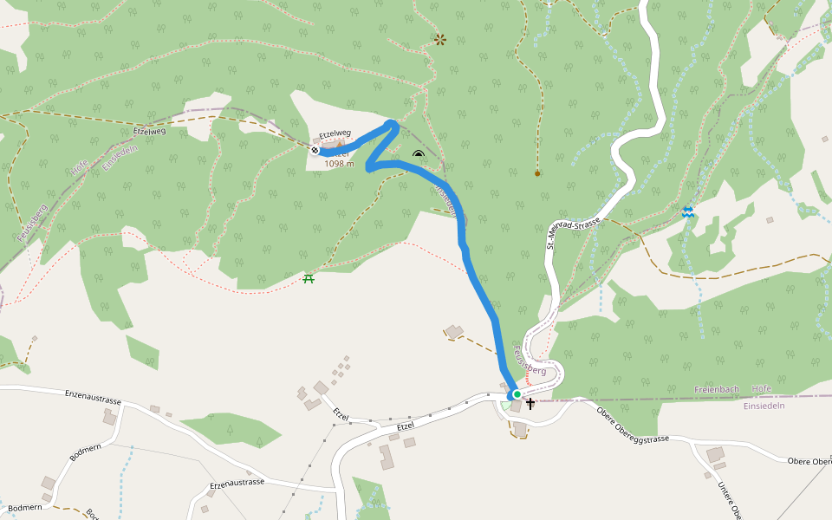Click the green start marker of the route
(517, 394)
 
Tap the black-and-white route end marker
(315, 149)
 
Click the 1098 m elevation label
(339, 163)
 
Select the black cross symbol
(530, 403)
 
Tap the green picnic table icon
(308, 278)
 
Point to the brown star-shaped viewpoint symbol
(440, 39)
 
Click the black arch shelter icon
(419, 155)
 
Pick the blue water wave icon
(687, 212)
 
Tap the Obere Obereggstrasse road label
(633, 425)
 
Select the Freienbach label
(717, 389)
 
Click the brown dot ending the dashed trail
(537, 174)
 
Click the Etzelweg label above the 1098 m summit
(335, 135)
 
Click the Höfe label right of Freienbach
(762, 389)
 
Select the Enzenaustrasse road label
(93, 398)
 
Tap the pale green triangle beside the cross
(505, 405)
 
